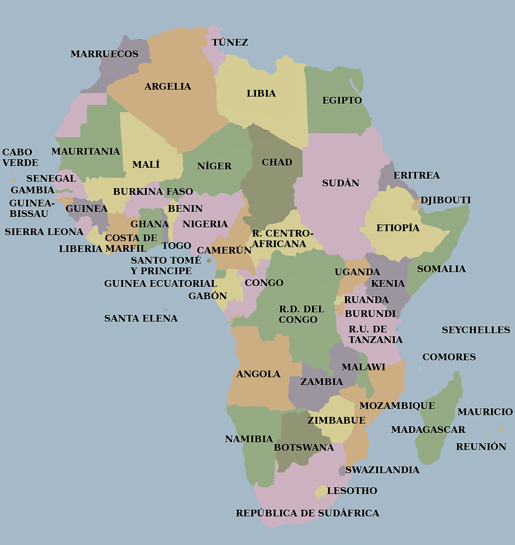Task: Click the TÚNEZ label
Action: coord(230,42)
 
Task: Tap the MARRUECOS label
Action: coord(104,54)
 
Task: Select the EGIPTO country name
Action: coord(342,100)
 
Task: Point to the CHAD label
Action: coord(277,162)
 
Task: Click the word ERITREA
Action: coord(416,175)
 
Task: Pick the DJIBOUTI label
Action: coord(445,200)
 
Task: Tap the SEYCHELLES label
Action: coord(475,330)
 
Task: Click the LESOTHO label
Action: coord(352,490)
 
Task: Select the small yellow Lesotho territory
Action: coord(320,492)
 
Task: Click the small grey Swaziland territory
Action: coord(342,470)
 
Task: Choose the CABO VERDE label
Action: coord(20,157)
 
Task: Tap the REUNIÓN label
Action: coord(481,446)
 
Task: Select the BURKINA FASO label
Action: coord(153,191)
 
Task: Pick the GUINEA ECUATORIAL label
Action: coord(160,283)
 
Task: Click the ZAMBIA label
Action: coord(321,382)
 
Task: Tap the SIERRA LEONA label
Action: coord(44,232)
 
